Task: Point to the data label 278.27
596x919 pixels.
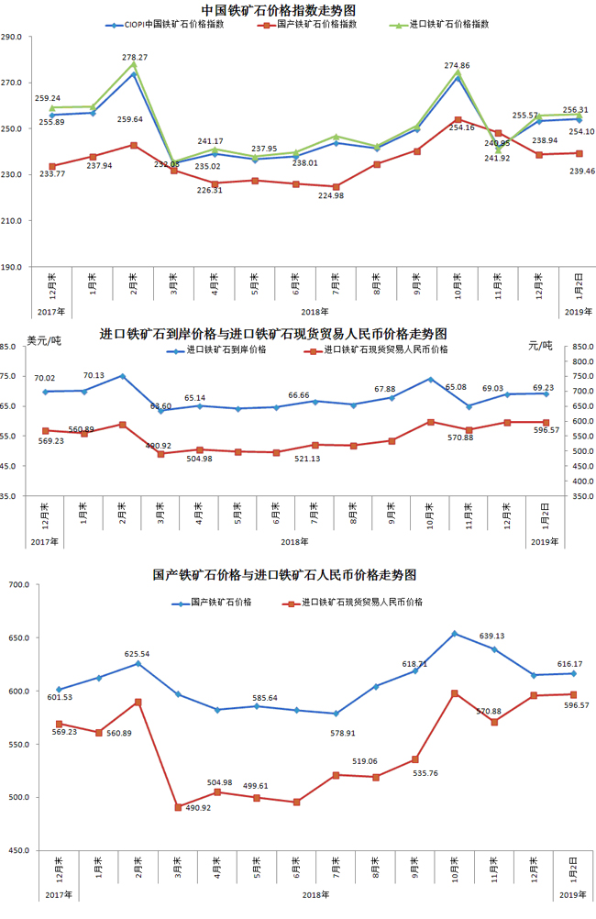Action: click(x=135, y=57)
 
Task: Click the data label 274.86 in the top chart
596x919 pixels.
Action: click(x=458, y=65)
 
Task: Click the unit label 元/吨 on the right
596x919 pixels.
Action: click(x=541, y=345)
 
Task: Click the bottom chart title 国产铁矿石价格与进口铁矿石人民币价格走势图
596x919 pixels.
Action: click(x=284, y=575)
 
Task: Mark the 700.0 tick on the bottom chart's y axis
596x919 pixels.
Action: click(x=17, y=584)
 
